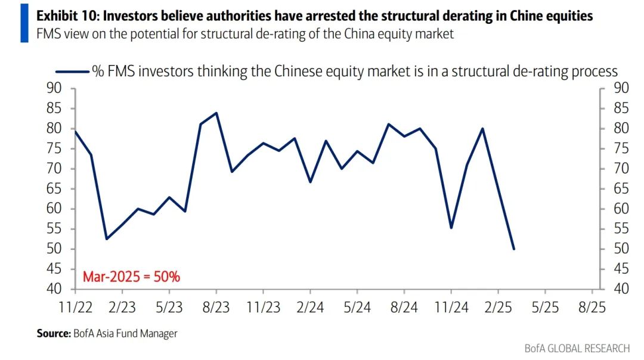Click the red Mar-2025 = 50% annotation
point(131,277)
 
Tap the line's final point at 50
point(514,249)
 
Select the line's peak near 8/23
point(216,113)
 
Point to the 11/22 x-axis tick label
point(75,308)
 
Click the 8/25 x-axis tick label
point(592,308)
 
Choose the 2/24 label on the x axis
point(310,308)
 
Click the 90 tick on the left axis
point(54,88)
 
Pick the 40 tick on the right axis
point(621,289)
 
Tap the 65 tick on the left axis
point(54,189)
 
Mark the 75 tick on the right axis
point(621,148)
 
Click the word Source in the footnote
point(52,334)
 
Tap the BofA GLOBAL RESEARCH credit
point(577,348)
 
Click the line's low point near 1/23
point(106,239)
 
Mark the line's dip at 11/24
point(451,228)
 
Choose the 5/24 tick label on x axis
point(357,308)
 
